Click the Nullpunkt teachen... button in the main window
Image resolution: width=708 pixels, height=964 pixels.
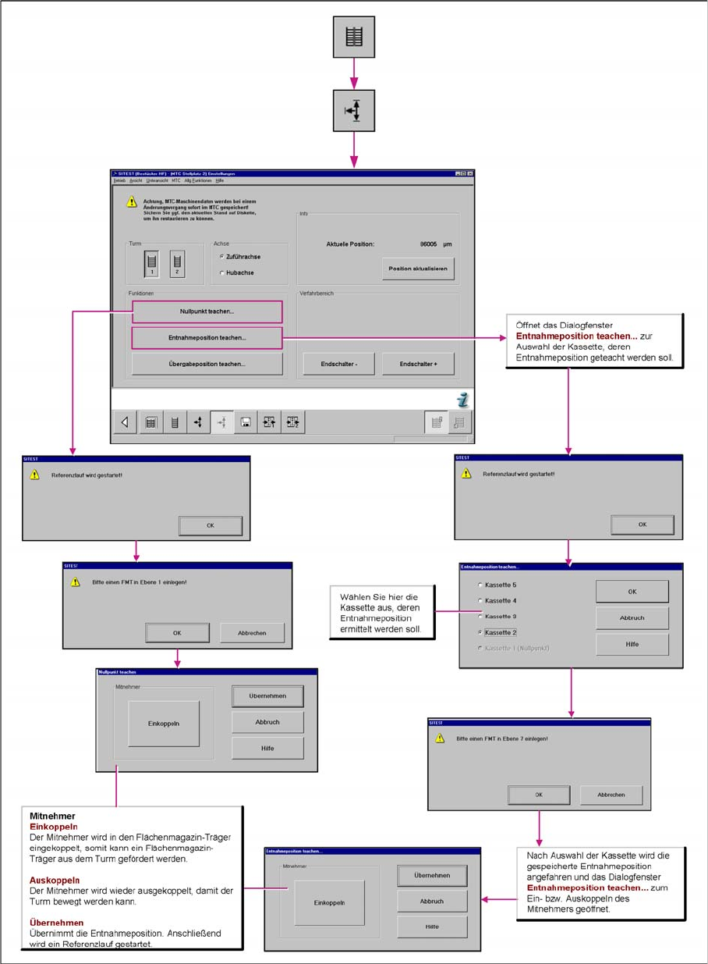click(207, 311)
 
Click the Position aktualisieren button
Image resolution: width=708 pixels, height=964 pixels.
click(417, 269)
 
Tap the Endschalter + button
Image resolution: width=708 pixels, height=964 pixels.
click(418, 364)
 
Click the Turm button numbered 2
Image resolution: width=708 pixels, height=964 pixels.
click(177, 264)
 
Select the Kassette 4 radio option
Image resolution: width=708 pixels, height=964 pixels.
click(480, 600)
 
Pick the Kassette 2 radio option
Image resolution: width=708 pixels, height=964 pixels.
click(480, 632)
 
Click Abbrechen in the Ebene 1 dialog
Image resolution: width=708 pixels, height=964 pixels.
click(252, 633)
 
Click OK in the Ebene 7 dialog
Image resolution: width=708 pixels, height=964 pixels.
click(539, 795)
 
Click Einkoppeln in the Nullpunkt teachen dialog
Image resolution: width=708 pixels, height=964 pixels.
click(164, 724)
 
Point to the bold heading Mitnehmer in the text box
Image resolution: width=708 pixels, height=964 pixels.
click(51, 816)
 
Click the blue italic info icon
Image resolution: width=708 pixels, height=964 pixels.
click(463, 400)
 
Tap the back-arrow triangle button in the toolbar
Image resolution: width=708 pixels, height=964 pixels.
click(125, 422)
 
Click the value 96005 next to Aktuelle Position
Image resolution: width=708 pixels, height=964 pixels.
click(430, 244)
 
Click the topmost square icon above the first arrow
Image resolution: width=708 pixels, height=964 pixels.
click(354, 37)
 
